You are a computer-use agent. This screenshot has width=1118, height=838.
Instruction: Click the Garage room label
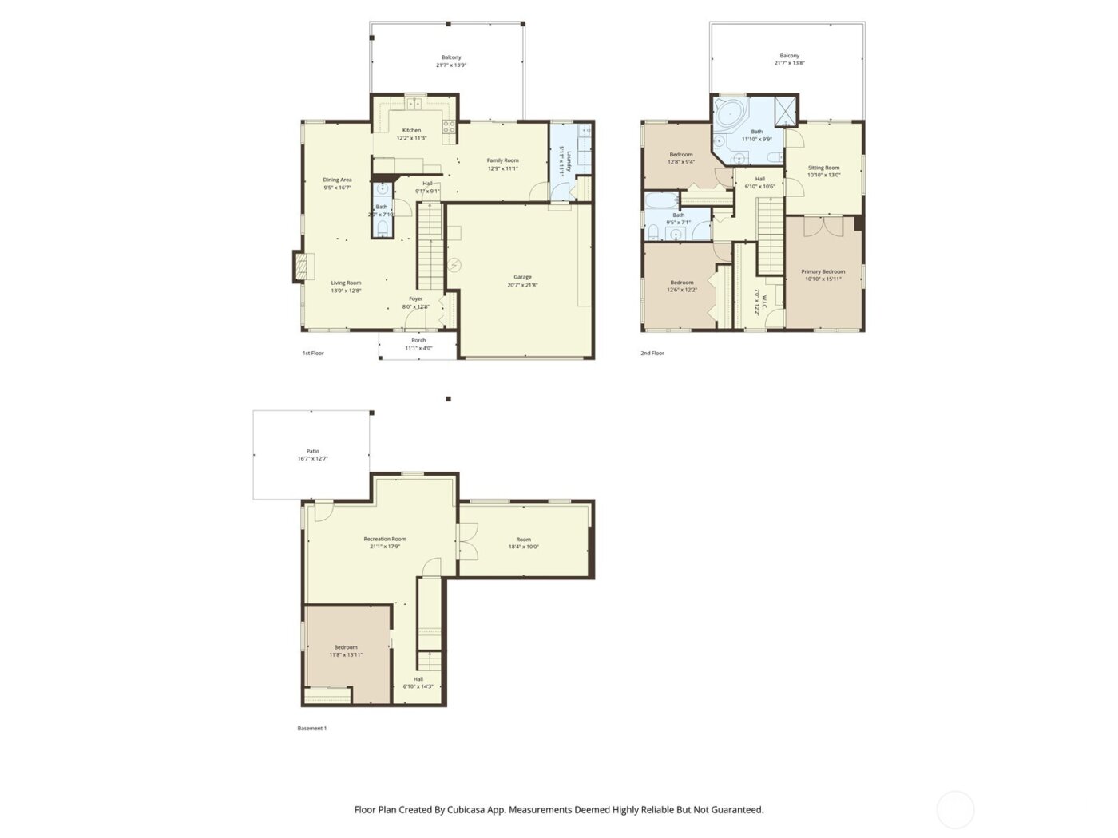pos(522,277)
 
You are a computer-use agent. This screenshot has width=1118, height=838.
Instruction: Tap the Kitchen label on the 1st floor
pos(411,130)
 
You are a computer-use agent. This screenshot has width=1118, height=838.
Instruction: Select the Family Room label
pos(502,160)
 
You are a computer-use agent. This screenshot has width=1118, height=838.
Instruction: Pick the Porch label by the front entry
pos(418,340)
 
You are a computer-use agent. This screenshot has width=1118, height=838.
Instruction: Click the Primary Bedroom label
pos(823,271)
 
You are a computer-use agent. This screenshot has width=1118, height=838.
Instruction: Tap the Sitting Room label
pos(823,168)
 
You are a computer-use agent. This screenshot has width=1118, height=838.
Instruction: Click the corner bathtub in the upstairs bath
pos(727,113)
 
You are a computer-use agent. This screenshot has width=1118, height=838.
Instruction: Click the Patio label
pos(312,451)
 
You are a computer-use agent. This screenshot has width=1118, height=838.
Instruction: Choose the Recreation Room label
pos(385,539)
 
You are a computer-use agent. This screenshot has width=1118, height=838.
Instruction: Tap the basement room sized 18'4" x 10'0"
pos(523,543)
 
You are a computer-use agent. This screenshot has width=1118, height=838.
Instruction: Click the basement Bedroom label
pos(346,647)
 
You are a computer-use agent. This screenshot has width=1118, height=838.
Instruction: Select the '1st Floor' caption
pos(313,353)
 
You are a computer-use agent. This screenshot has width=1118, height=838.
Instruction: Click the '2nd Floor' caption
pos(652,353)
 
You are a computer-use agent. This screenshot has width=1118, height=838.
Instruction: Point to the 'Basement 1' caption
pos(311,728)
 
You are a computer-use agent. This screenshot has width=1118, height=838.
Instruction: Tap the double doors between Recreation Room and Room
pos(466,540)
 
